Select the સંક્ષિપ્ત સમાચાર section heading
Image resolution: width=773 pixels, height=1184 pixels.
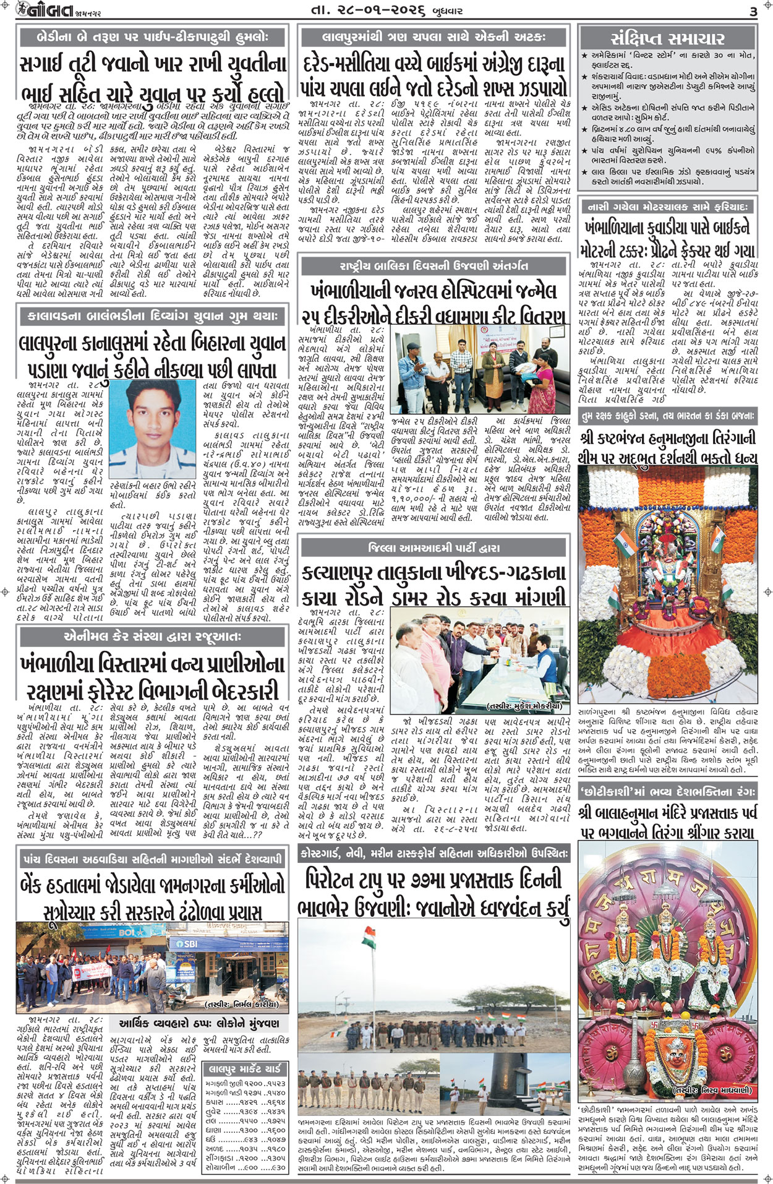pos(667,38)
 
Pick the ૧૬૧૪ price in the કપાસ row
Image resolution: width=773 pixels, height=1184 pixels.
pos(276,1102)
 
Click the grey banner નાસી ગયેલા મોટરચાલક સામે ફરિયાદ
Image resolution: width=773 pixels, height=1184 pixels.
pos(667,206)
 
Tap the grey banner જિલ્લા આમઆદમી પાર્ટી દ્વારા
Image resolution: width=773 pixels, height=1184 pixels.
pos(433,547)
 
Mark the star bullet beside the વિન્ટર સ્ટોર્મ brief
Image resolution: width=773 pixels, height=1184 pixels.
pos(584,56)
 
